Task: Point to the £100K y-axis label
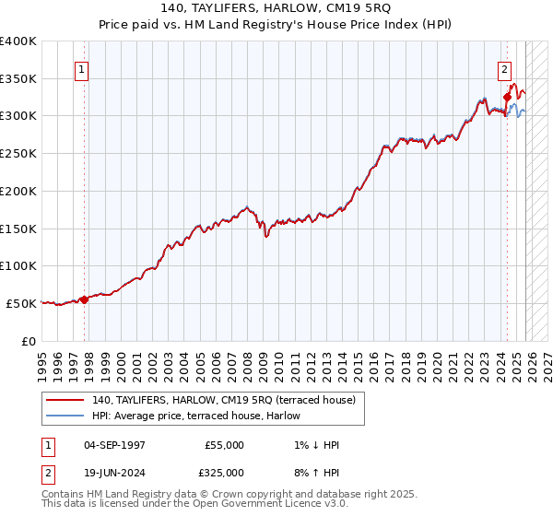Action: coord(18,265)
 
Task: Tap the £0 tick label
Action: coord(28,341)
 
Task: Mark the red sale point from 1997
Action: coord(85,299)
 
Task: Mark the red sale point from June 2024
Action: coord(507,96)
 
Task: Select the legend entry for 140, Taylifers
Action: coord(229,399)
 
